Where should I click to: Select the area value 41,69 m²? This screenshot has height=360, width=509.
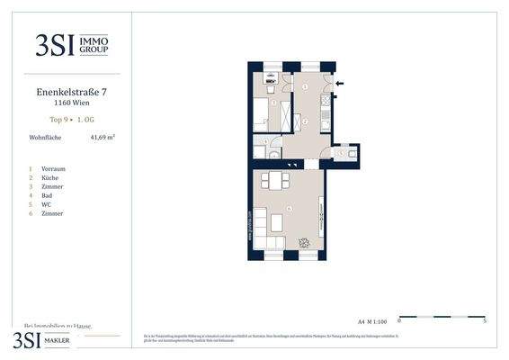(103, 138)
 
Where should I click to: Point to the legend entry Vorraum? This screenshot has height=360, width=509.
(53, 168)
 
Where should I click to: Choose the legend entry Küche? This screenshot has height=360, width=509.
(51, 177)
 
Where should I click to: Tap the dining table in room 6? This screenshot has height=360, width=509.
(273, 180)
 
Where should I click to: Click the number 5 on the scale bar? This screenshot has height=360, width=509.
(485, 320)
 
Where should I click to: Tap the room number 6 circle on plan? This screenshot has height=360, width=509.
(289, 209)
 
